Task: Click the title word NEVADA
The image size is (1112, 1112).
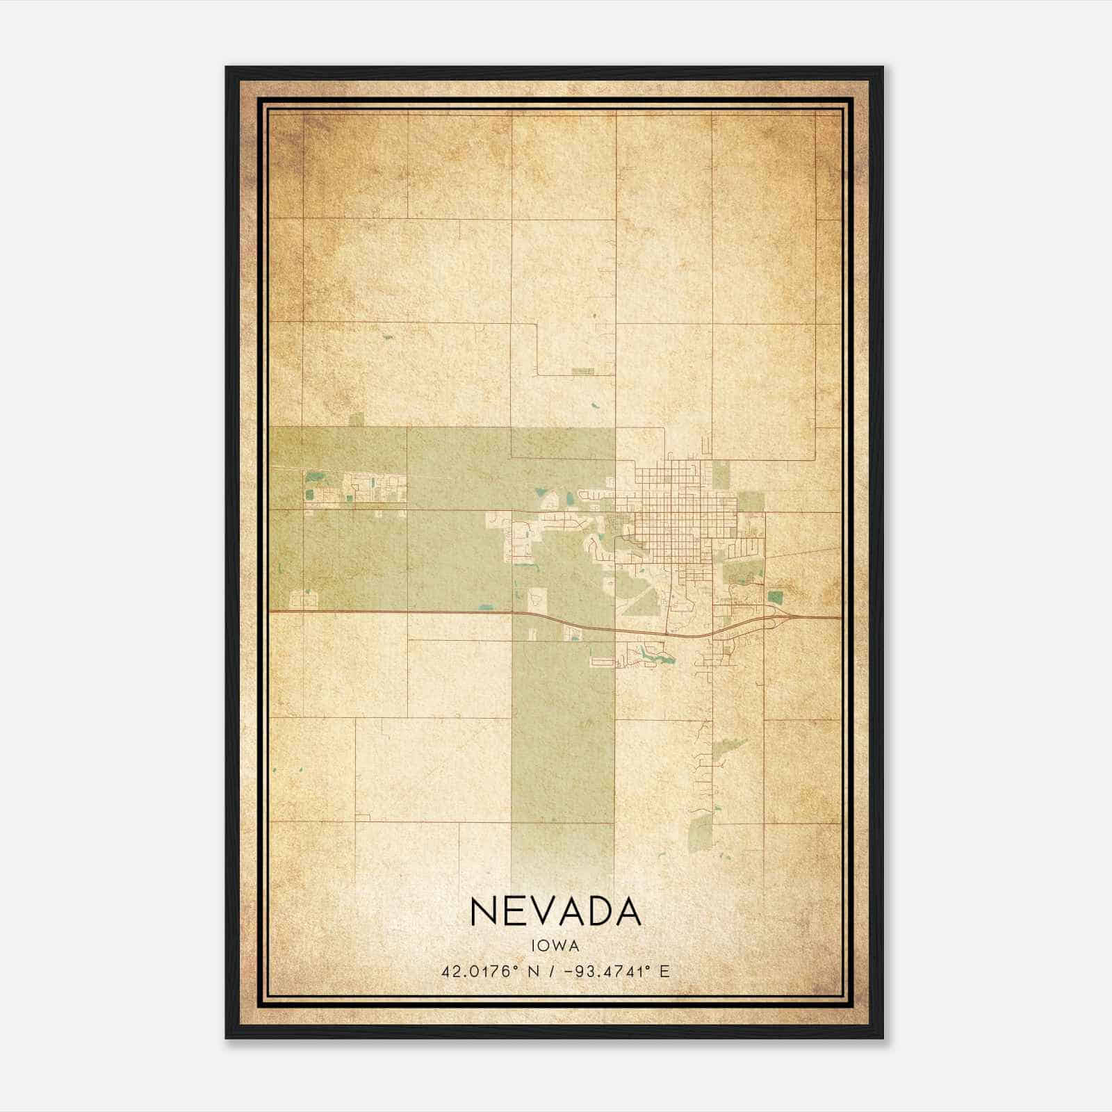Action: (555, 911)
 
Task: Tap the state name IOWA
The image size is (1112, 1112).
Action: (555, 945)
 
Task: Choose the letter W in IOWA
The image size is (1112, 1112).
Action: (561, 945)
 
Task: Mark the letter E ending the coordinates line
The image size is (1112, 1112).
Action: (665, 971)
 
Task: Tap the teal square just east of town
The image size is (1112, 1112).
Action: (775, 596)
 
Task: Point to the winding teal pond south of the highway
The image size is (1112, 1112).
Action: (653, 654)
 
